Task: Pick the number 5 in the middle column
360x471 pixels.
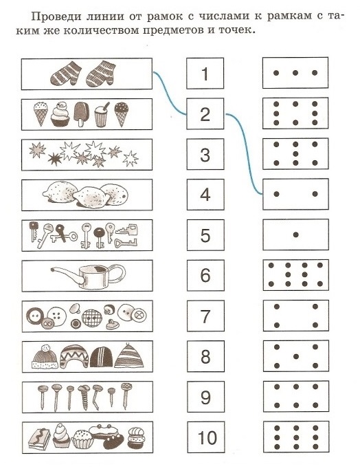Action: [205, 235]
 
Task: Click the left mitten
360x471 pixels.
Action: [65, 74]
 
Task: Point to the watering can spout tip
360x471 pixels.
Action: [52, 270]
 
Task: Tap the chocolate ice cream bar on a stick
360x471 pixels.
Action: [80, 114]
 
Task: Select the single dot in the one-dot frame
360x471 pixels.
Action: [295, 234]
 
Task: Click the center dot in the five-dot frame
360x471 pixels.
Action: [295, 357]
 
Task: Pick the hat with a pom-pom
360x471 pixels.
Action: [45, 357]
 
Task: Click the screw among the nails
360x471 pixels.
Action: [84, 397]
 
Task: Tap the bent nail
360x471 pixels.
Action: [97, 397]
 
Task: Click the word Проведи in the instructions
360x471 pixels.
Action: [56, 17]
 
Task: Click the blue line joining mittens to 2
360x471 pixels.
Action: [169, 94]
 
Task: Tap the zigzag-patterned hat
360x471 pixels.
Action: [74, 357]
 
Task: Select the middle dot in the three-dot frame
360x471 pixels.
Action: [295, 73]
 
